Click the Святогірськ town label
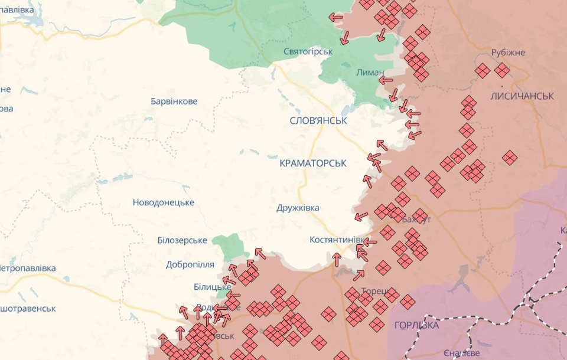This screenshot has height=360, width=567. tap(308, 51)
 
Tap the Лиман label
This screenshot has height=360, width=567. tap(370, 72)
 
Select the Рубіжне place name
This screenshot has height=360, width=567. tap(507, 53)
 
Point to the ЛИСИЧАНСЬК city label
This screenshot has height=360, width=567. tap(522, 96)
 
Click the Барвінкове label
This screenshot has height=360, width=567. tap(174, 102)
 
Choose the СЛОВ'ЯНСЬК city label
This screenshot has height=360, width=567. tap(318, 120)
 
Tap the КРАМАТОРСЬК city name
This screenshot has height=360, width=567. tap(313, 163)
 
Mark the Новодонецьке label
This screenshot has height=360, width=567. tap(163, 202)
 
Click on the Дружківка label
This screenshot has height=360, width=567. tap(298, 208)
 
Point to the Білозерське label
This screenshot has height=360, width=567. tap(182, 240)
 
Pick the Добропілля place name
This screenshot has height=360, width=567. tap(190, 264)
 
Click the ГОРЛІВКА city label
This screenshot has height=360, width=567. tap(416, 325)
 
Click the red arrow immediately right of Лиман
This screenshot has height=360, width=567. tap(386, 80)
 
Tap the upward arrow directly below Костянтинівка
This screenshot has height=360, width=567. tap(337, 258)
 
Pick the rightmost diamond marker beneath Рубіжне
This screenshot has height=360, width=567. tap(502, 71)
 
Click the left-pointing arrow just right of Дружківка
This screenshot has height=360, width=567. tap(360, 217)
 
